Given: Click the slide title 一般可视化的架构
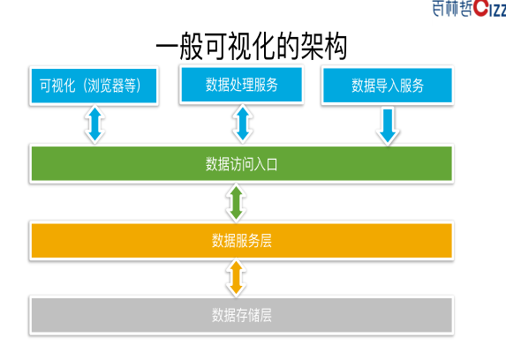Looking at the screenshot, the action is [252, 47].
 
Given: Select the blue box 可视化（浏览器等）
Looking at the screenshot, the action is [94, 86].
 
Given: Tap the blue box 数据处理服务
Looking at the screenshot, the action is [241, 85].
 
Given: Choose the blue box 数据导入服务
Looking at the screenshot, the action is [388, 86].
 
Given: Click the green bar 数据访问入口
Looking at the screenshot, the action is [241, 164].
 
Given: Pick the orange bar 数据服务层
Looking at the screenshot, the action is [241, 241].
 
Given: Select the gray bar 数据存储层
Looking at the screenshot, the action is [241, 315].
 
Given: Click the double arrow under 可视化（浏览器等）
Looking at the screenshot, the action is [94, 124].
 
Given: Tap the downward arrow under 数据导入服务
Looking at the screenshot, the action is [388, 126].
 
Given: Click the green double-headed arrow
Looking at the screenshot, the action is [236, 202].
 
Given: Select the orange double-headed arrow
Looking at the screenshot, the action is [236, 277].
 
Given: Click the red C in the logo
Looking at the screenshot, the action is [480, 8].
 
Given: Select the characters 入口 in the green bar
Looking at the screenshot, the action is [266, 164].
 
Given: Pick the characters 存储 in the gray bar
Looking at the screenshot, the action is [247, 315].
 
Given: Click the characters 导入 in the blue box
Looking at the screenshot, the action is [388, 86].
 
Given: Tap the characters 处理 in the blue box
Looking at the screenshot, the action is [241, 85].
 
